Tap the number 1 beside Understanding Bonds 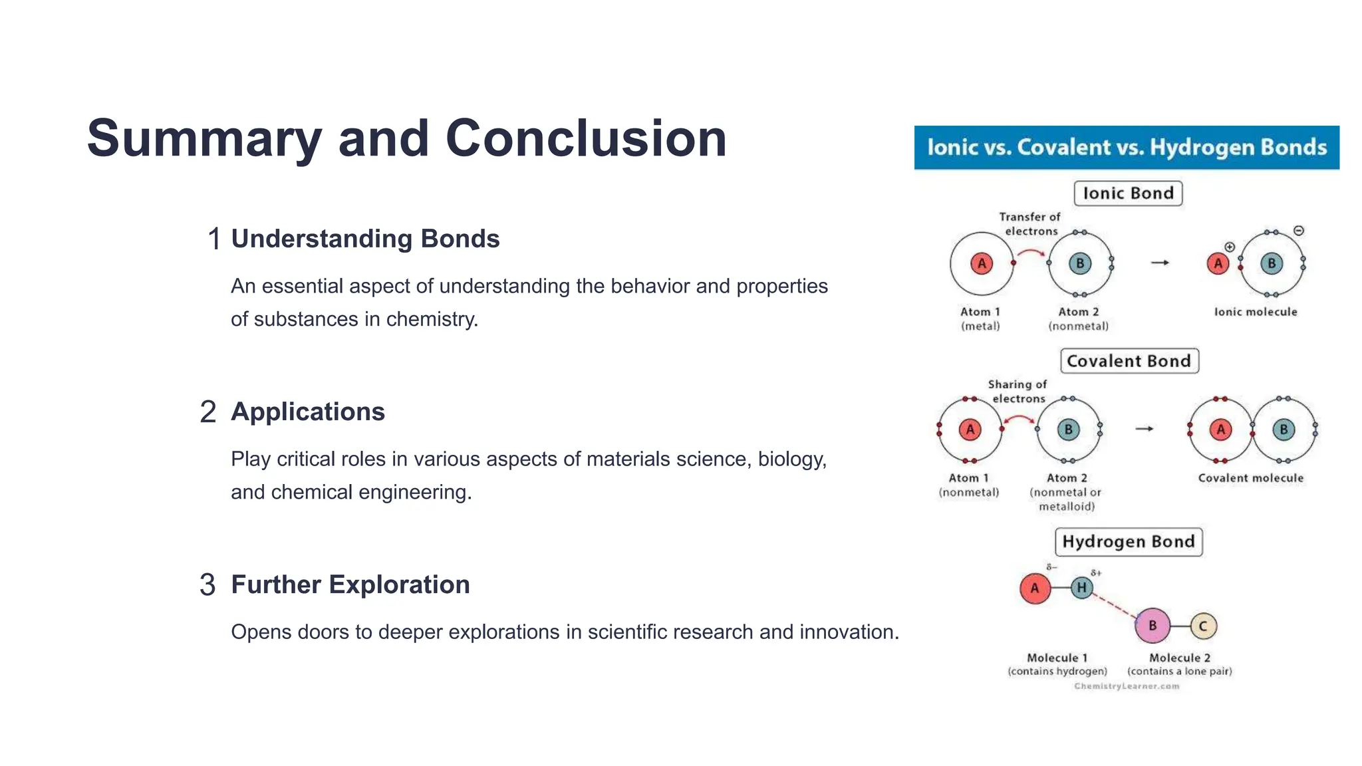213,239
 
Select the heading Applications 307,412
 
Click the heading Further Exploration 350,584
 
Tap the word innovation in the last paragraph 847,632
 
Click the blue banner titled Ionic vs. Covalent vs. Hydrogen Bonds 1127,147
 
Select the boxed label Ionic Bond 1128,193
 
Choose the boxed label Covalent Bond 1129,361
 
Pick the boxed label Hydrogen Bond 1128,541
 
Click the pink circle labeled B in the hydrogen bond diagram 1153,626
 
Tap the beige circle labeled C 1202,626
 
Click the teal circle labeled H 1082,588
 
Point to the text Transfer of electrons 1029,224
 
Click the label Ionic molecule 1255,312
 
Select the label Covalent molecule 1250,478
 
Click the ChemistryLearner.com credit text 1126,686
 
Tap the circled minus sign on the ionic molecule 1298,231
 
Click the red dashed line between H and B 1115,605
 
